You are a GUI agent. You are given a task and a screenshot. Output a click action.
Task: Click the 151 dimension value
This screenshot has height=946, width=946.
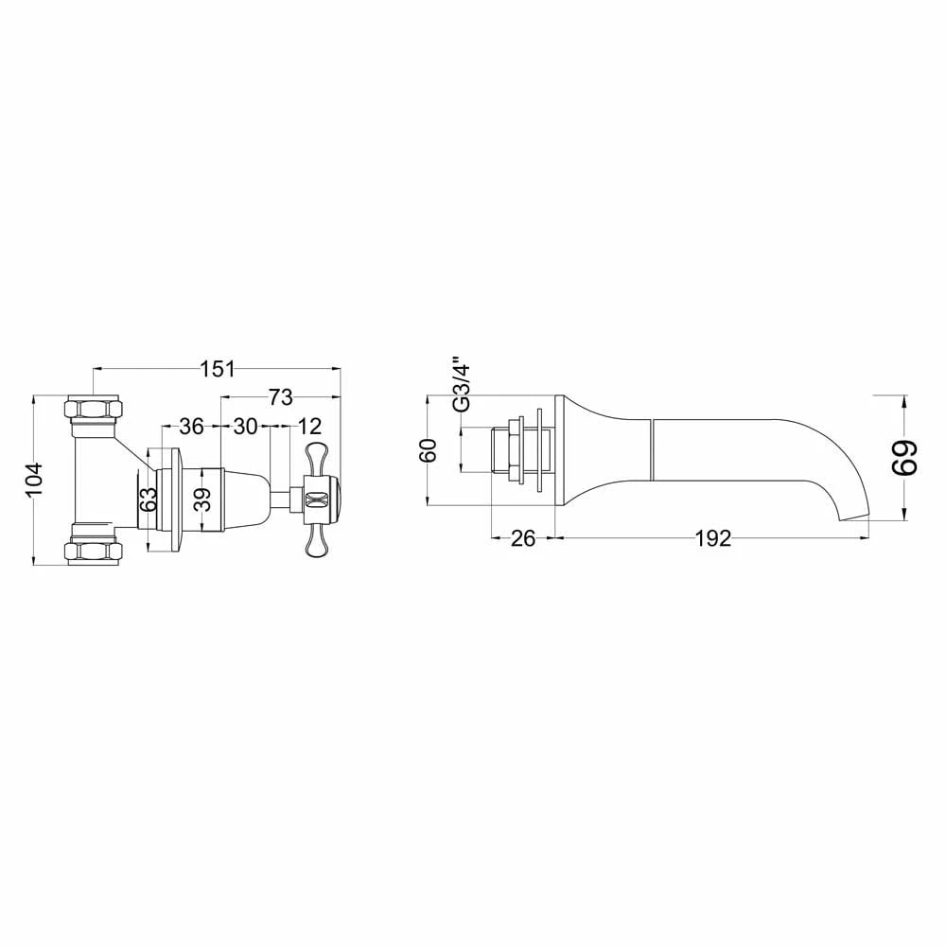coord(218,369)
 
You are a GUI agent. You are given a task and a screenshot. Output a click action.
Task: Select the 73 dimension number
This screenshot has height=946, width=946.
coord(280,395)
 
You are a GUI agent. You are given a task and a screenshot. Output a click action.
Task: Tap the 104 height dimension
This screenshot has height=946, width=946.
coord(33,480)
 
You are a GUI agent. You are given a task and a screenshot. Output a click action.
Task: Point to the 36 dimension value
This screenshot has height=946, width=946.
coord(191,427)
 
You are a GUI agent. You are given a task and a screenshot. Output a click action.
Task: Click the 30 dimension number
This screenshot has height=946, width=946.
coord(245,427)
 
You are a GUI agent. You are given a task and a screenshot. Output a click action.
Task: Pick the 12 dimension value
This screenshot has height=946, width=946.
coord(307,427)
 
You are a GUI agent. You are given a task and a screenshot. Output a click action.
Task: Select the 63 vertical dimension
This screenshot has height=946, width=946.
coord(148,499)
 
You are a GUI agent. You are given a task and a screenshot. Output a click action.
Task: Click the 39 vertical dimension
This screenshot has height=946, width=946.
coord(202,499)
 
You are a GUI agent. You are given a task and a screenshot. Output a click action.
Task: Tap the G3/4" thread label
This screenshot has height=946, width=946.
coord(461,383)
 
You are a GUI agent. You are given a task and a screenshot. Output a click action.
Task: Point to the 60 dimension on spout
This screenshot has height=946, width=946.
coord(429,450)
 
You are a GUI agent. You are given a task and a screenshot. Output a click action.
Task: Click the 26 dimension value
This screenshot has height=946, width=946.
coord(522,538)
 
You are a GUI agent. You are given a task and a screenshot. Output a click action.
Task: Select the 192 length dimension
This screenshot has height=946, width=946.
coord(711,538)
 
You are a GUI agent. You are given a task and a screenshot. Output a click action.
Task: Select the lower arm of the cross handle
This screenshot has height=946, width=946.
coord(315,542)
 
